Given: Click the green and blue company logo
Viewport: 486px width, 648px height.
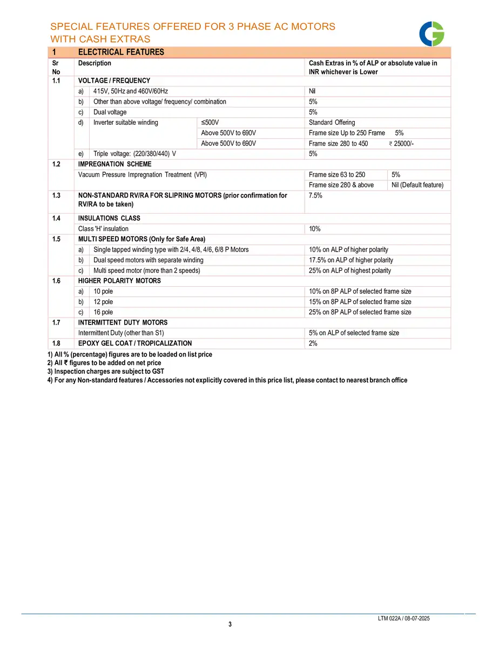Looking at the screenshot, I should pos(432,33).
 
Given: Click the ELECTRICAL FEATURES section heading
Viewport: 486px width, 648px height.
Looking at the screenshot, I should pos(121,52).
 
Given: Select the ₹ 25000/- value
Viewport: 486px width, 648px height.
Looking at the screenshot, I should pos(401,144).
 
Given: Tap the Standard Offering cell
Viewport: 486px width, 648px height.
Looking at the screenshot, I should pos(332,123).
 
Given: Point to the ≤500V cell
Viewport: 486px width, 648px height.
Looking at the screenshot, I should pos(210,123).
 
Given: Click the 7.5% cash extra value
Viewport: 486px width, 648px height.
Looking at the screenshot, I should pos(315,195).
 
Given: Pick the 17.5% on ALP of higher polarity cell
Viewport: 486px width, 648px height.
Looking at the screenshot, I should pos(351,260).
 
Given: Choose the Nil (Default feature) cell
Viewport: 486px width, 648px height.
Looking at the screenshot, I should pos(417,185).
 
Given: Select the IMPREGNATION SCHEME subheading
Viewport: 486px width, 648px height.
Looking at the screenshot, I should pos(114,164).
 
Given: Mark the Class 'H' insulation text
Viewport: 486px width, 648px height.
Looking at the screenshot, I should pos(103,229).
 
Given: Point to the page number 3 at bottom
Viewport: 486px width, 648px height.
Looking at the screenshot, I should pos(230,625).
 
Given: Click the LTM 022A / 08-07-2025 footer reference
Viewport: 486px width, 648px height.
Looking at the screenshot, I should pos(404,618).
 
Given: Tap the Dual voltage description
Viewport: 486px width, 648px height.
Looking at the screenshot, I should pos(110,112).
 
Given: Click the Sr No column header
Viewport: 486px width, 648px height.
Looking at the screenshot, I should pos(56,67).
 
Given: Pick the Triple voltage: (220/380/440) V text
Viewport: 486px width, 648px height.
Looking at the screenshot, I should pos(134,154).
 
